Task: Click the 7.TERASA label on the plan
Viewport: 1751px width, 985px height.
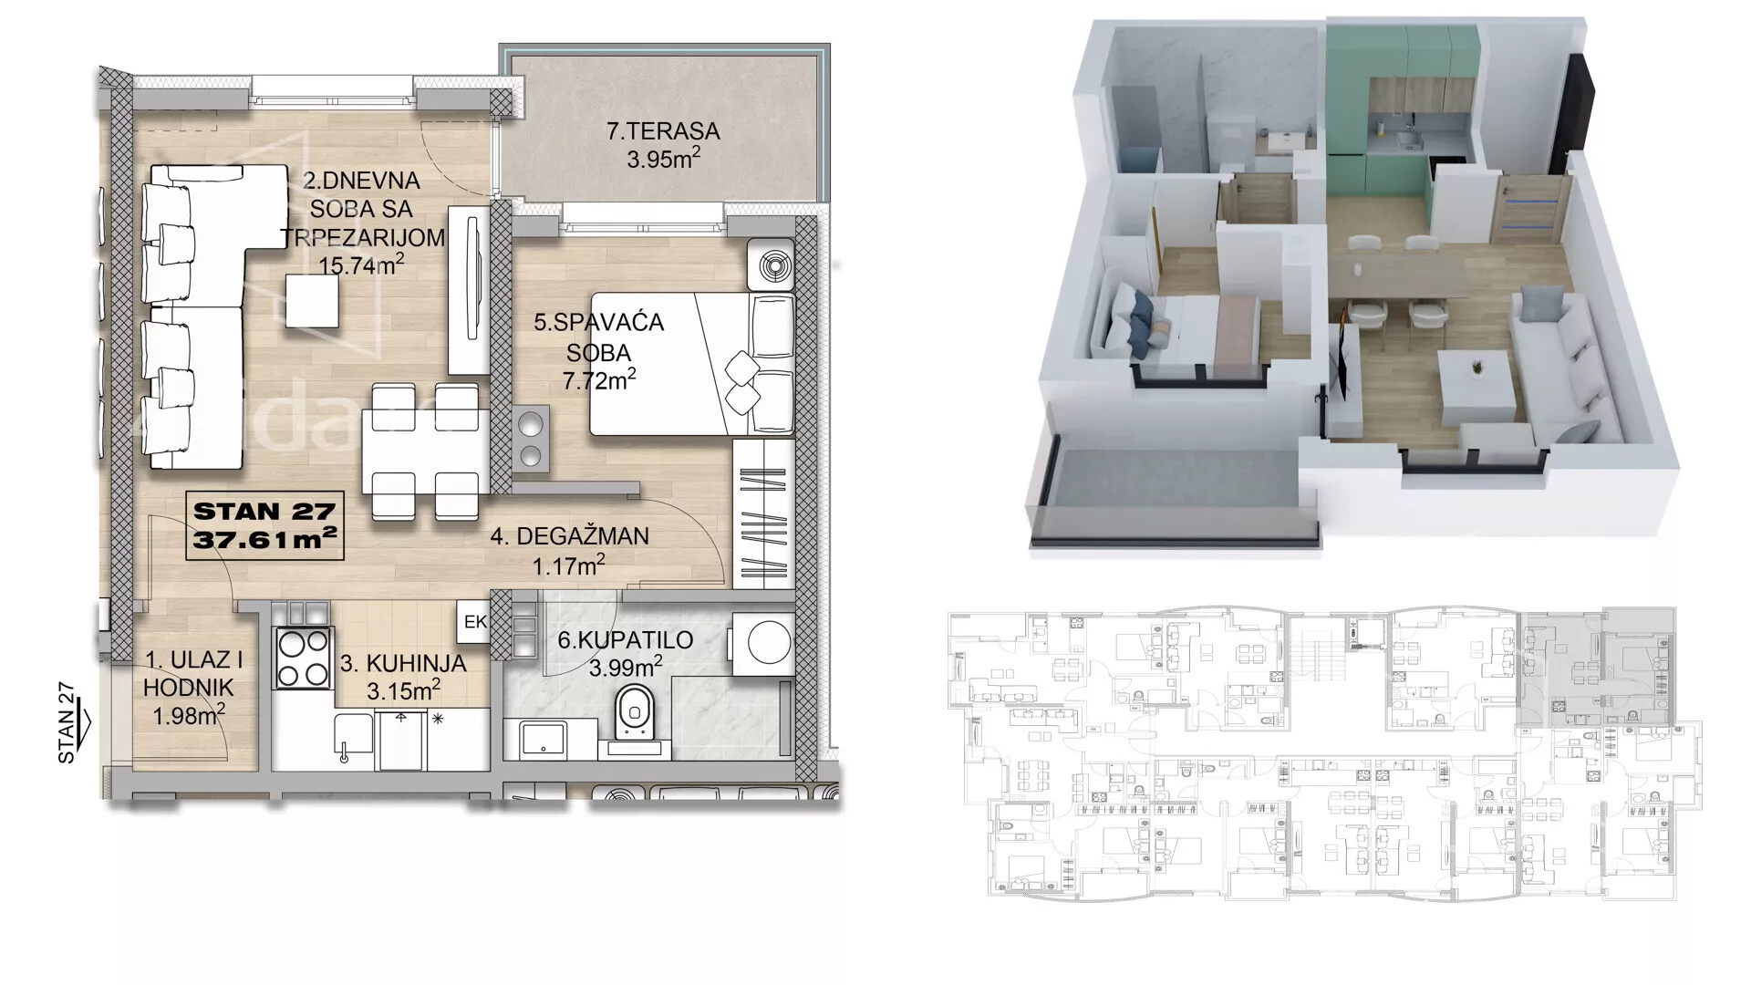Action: [x=663, y=131]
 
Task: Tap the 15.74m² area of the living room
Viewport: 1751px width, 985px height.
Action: [x=362, y=264]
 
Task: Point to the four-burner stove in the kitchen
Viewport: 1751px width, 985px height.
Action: [x=304, y=658]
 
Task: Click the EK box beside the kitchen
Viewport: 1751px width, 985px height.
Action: [x=475, y=622]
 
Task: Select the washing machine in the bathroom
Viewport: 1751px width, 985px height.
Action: [x=761, y=643]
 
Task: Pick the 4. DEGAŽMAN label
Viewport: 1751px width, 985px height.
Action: [x=570, y=536]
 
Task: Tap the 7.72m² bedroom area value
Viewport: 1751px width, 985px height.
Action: [x=599, y=379]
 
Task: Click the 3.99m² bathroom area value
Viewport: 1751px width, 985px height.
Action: [x=626, y=667]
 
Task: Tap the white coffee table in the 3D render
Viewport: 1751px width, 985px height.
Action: [x=1477, y=381]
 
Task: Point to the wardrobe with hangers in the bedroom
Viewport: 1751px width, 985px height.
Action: [x=763, y=514]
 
